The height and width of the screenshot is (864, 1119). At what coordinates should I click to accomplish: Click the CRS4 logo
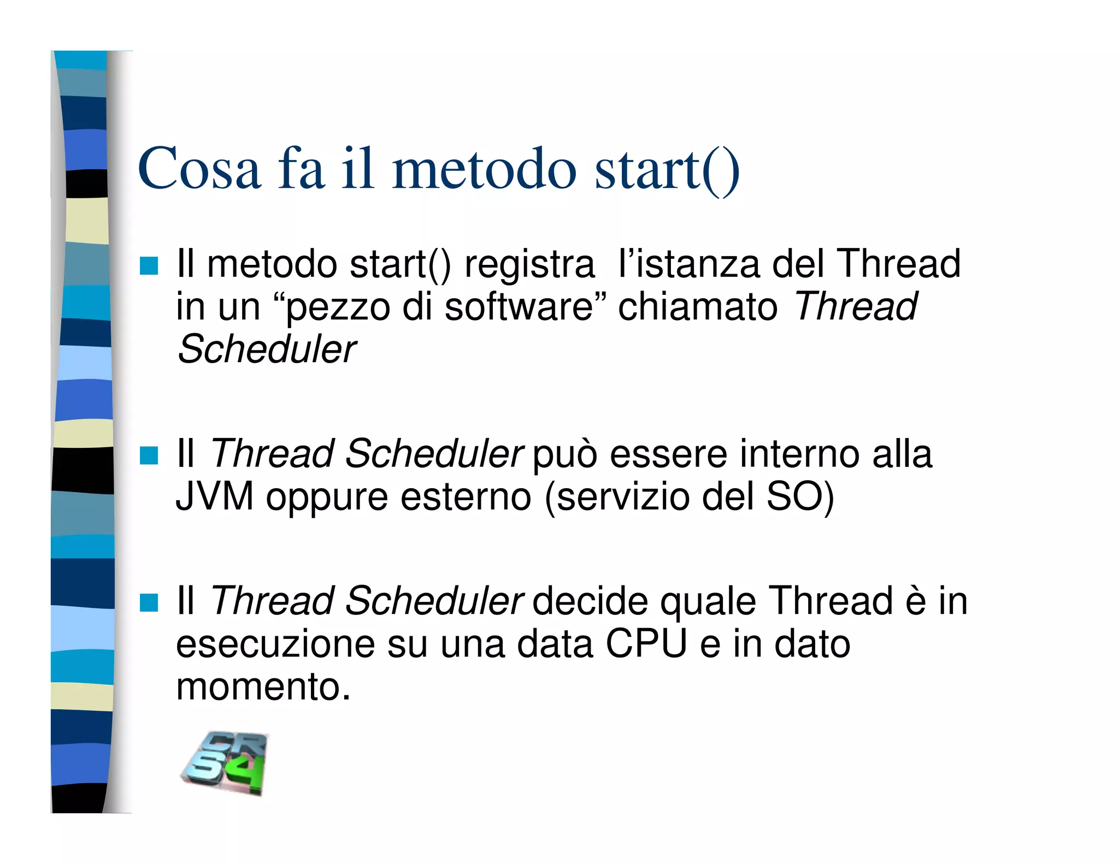225,763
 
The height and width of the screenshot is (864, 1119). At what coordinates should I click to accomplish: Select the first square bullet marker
149,266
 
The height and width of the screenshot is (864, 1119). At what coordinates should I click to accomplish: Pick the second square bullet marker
149,455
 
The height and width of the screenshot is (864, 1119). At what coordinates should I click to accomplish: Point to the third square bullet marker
149,603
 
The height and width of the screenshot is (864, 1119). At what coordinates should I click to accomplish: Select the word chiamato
698,307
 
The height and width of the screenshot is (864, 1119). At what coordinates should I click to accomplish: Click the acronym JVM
215,496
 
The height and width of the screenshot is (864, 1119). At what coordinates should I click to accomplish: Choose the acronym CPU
646,644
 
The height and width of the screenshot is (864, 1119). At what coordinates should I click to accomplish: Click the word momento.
262,687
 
